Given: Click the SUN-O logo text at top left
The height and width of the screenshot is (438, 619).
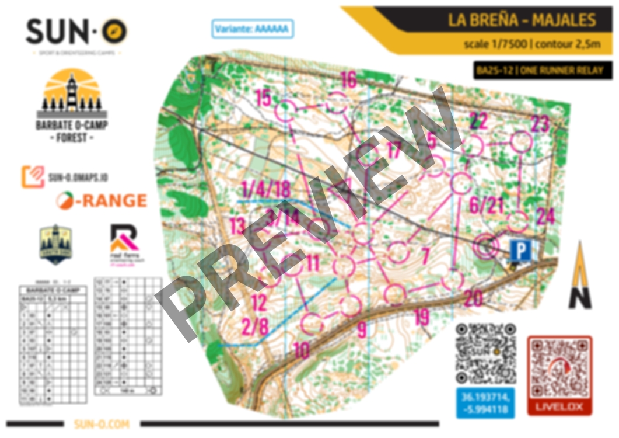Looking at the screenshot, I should click(x=76, y=32).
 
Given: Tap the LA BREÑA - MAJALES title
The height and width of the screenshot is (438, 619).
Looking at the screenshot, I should click(x=522, y=20).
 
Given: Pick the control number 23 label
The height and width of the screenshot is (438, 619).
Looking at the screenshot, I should click(x=540, y=124).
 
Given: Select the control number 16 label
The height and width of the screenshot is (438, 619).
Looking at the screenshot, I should click(x=348, y=79).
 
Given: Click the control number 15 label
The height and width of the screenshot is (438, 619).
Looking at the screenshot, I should click(x=263, y=98).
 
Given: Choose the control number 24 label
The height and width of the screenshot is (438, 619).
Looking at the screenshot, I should click(x=545, y=217).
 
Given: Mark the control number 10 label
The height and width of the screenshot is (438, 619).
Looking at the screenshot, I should click(x=301, y=350).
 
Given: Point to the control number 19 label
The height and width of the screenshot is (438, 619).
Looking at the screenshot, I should click(x=421, y=317).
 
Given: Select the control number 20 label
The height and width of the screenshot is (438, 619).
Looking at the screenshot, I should click(x=473, y=298).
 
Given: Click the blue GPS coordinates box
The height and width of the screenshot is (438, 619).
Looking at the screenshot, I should click(x=485, y=403).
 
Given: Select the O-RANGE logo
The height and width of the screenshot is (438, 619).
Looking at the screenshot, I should click(x=102, y=200).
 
